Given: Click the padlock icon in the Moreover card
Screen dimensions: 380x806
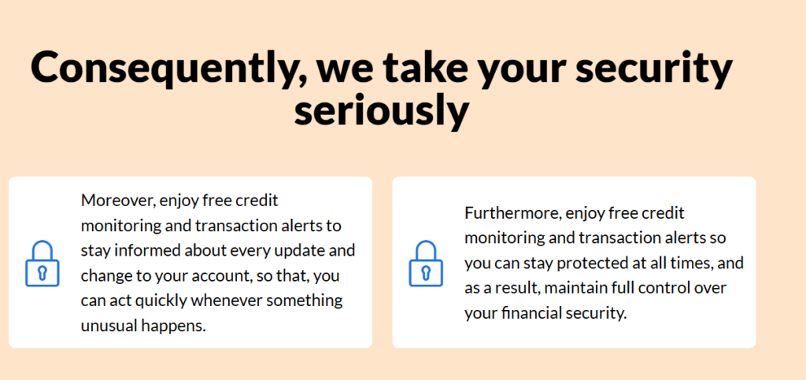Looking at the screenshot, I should point(43,263).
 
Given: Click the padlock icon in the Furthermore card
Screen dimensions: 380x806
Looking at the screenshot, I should point(426,263).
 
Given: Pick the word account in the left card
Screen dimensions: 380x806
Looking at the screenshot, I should point(229,275).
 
